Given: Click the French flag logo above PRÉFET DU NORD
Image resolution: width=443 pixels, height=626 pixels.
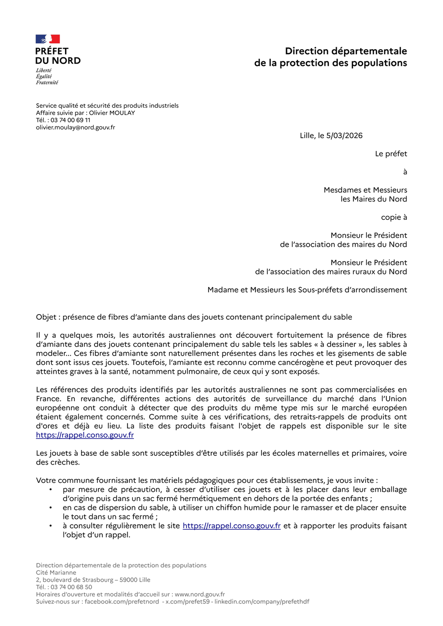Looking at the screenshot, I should (48, 39).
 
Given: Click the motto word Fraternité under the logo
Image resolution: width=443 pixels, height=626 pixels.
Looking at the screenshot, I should (47, 83).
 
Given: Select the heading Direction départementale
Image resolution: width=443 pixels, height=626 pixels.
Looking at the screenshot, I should (346, 51).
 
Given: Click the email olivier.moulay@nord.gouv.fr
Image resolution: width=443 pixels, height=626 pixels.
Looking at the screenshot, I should (75, 127).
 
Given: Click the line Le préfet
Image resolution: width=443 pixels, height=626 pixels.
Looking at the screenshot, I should (391, 154).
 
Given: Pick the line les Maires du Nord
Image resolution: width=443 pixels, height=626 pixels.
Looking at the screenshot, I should (374, 199).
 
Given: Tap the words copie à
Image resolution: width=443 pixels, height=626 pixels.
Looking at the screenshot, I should (394, 217).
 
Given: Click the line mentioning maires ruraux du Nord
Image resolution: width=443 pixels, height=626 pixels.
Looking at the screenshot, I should (331, 271).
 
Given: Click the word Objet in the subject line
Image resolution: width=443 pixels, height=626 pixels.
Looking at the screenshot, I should (46, 317).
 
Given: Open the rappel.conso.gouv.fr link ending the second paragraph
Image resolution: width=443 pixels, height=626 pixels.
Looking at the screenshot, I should (85, 435).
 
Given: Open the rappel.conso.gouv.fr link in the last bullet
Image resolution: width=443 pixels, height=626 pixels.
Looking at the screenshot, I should (231, 526).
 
